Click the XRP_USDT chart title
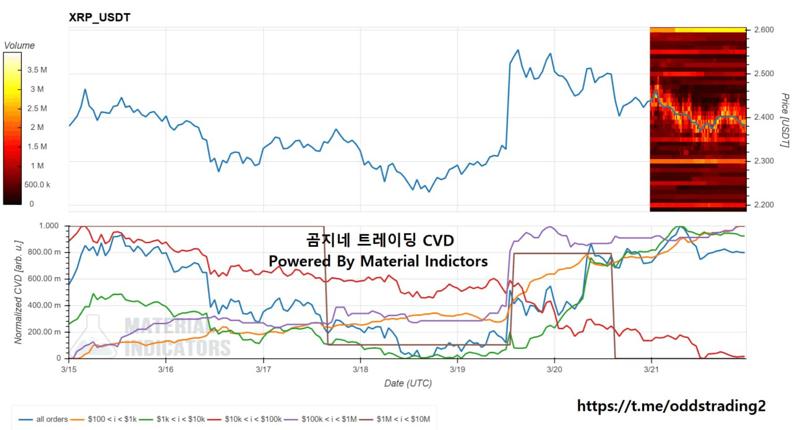[99, 17]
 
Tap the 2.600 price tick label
[764, 30]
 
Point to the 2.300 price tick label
[764, 161]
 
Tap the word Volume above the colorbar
[19, 45]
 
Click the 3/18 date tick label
[360, 369]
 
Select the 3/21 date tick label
[651, 369]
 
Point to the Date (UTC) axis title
[408, 383]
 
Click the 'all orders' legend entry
[45, 419]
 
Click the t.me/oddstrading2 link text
[671, 406]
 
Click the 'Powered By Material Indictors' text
[377, 261]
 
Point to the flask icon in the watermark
[93, 337]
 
